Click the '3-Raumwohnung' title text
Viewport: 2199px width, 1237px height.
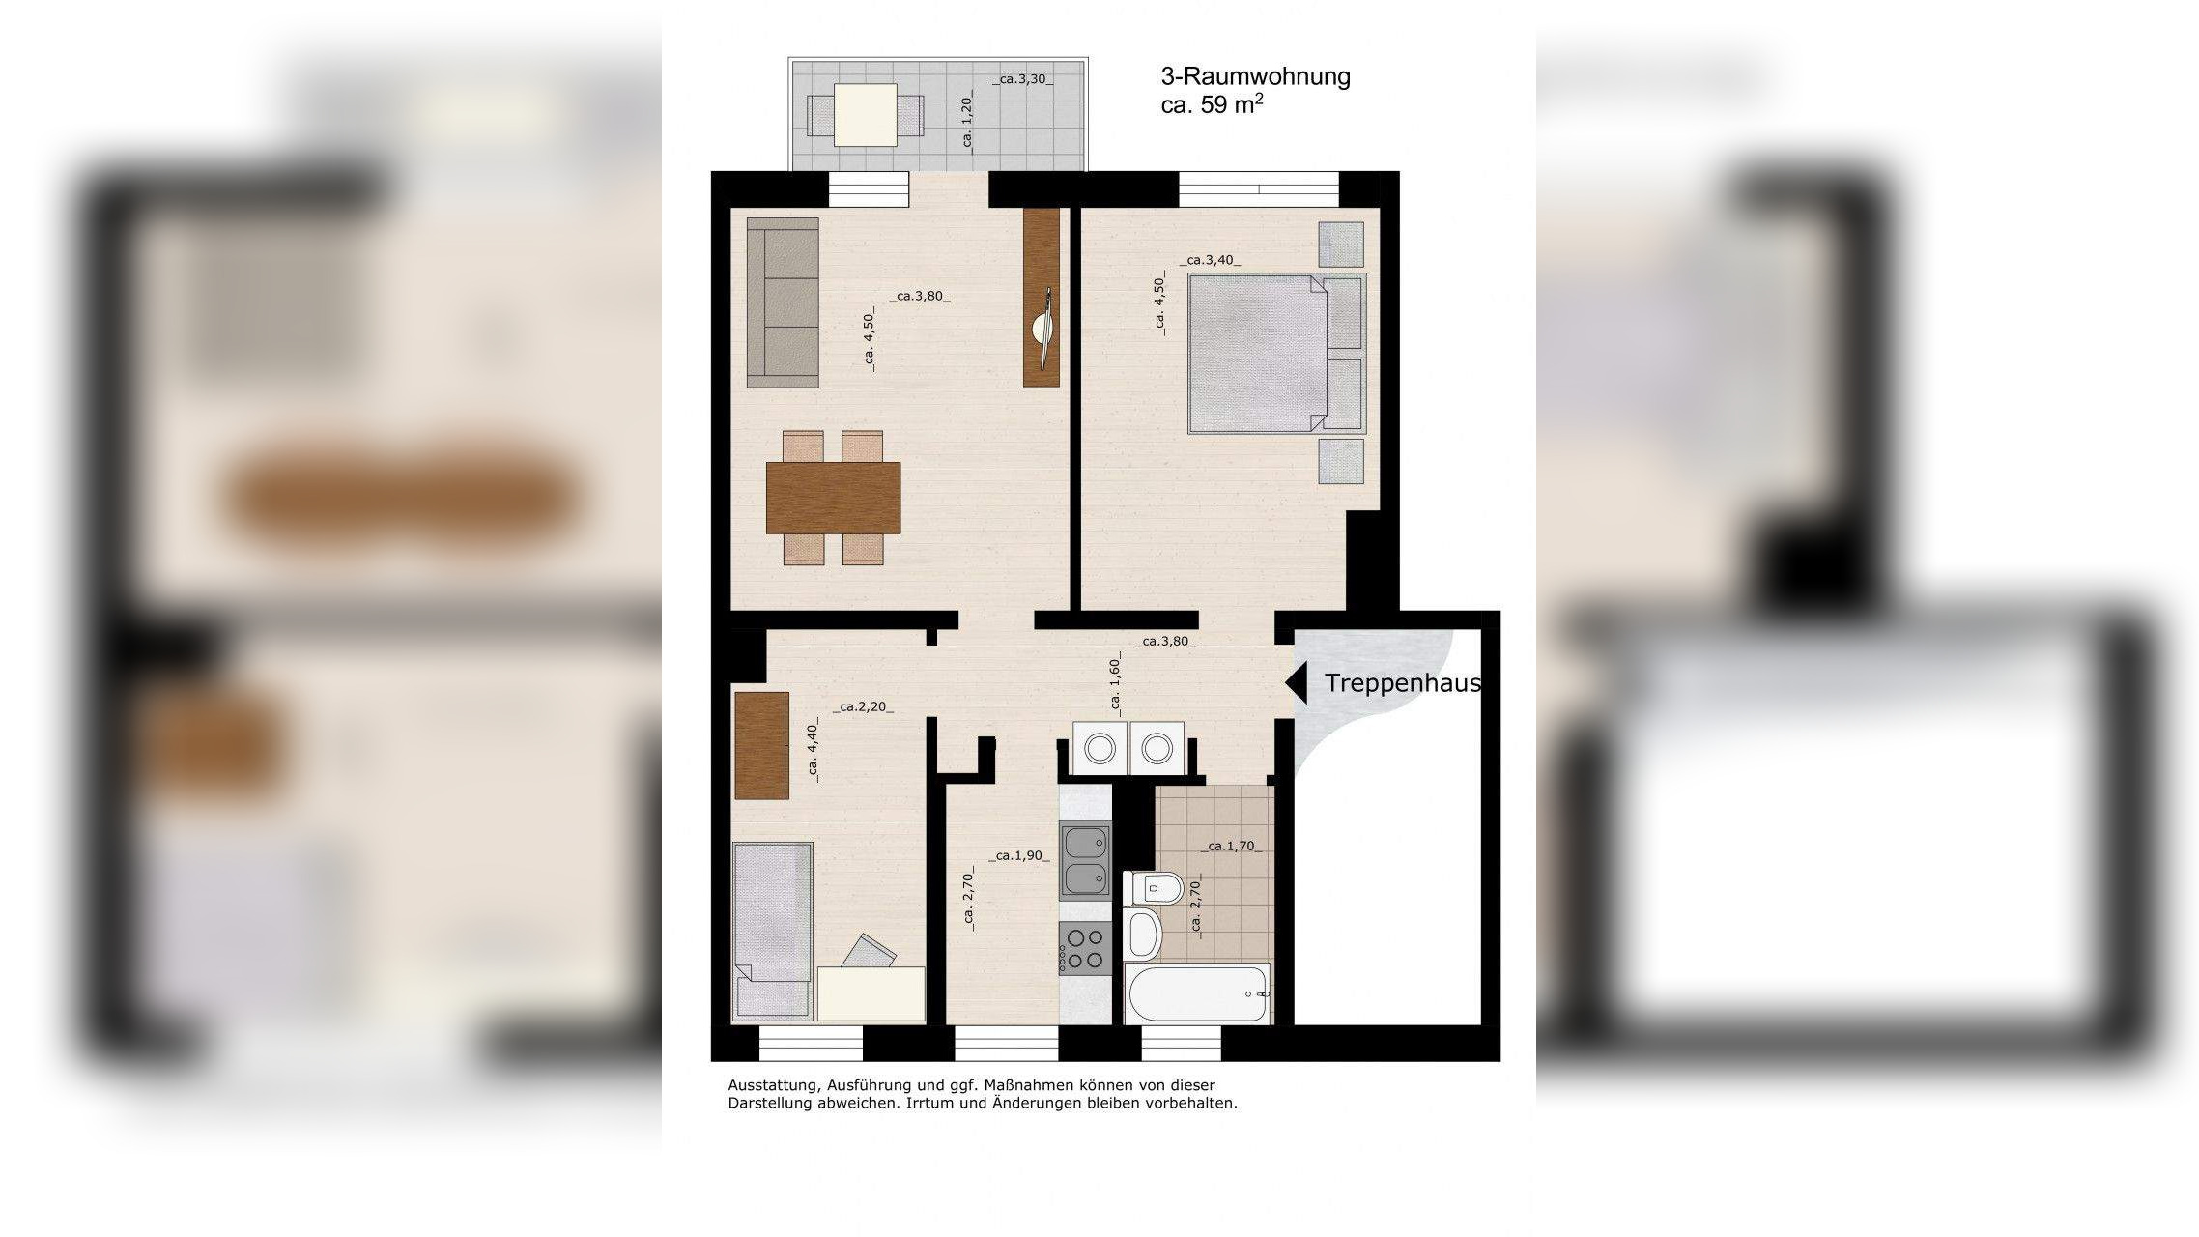1255,76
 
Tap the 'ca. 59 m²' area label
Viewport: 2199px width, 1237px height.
1213,104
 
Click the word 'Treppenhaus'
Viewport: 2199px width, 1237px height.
1402,683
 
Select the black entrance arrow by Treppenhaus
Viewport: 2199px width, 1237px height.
1296,683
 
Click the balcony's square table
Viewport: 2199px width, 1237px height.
865,115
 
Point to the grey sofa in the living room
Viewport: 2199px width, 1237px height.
783,302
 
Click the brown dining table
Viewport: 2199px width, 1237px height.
833,498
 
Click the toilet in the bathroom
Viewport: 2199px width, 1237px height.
1153,887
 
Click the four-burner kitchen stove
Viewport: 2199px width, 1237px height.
1085,948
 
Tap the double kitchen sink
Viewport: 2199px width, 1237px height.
1085,860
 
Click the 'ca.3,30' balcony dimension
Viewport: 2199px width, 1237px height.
1023,79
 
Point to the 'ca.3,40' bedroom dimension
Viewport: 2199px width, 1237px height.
1210,260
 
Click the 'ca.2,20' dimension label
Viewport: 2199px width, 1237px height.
863,707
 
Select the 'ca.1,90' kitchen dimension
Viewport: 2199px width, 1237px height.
1018,856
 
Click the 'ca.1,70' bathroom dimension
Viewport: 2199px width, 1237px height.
1231,847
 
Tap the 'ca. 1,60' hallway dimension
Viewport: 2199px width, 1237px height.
1116,683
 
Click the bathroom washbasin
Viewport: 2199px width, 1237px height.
1143,933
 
